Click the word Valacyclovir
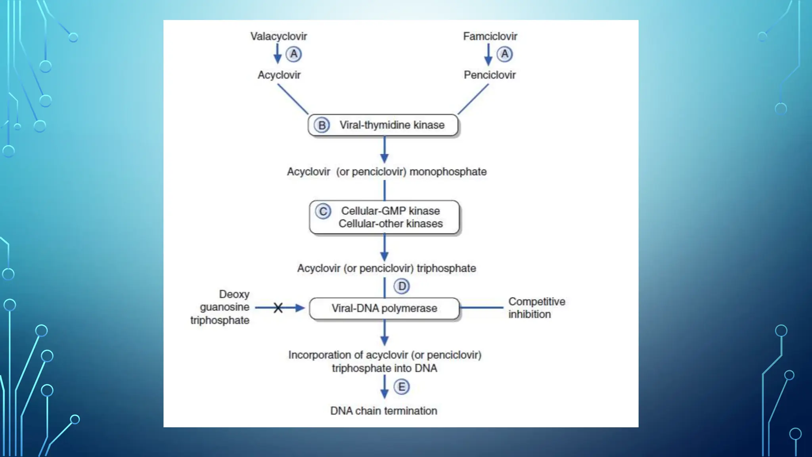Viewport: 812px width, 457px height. point(278,36)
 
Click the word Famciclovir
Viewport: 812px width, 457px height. point(490,36)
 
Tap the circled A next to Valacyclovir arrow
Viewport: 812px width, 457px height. point(294,54)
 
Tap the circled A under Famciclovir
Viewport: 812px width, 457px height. point(505,54)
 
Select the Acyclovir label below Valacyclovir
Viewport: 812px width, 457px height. point(279,75)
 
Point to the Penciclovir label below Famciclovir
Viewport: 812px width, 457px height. point(490,75)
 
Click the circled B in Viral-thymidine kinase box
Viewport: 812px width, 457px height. point(322,125)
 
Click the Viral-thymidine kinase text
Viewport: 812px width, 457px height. point(392,125)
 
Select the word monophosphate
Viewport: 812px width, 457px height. point(448,172)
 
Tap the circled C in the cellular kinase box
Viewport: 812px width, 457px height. point(323,211)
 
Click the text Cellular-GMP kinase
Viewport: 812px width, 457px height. point(391,211)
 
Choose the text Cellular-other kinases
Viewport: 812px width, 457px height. point(391,224)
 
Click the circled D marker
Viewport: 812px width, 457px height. point(402,286)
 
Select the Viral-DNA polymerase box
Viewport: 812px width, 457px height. point(384,308)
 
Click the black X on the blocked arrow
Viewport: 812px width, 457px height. point(278,308)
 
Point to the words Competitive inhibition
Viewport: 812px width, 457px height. point(536,308)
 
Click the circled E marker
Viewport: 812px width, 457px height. point(402,387)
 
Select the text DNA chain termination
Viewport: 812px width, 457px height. point(383,411)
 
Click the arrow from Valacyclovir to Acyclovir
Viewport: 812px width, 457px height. point(278,54)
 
